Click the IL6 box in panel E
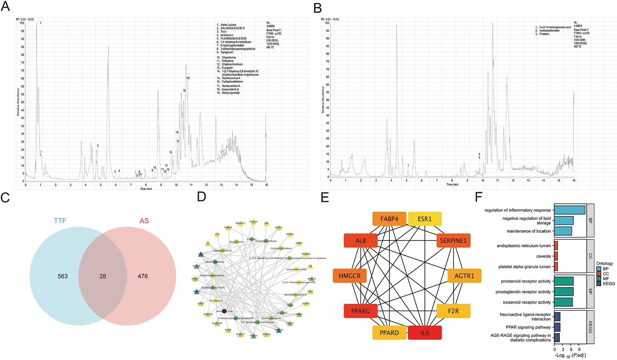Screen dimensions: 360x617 pyautogui.click(x=424, y=333)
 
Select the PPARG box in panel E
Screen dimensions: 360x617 pyautogui.click(x=361, y=311)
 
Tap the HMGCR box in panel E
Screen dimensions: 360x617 pyautogui.click(x=349, y=276)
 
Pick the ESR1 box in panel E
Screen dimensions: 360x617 pyautogui.click(x=424, y=219)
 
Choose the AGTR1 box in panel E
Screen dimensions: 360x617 pyautogui.click(x=464, y=276)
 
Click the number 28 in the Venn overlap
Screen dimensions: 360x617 pyautogui.click(x=103, y=276)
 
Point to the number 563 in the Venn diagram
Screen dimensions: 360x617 pyautogui.click(x=63, y=276)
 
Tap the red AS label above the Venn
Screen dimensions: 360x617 pyautogui.click(x=144, y=221)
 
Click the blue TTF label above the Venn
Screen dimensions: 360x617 pyautogui.click(x=60, y=221)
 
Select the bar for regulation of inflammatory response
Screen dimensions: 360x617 pyautogui.click(x=569, y=210)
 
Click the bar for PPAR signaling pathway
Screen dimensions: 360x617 pyautogui.click(x=557, y=327)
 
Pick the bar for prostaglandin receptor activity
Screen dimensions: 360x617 pyautogui.click(x=564, y=292)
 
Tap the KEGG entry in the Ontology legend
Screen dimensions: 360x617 pyautogui.click(x=608, y=283)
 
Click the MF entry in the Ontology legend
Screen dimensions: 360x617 pyautogui.click(x=606, y=279)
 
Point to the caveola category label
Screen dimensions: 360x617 pyautogui.click(x=543, y=256)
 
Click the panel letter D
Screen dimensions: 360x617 pyautogui.click(x=201, y=197)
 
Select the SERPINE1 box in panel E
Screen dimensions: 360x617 pyautogui.click(x=453, y=241)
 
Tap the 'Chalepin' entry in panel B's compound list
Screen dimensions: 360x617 pyautogui.click(x=544, y=34)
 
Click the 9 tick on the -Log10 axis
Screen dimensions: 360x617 pyautogui.click(x=579, y=350)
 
